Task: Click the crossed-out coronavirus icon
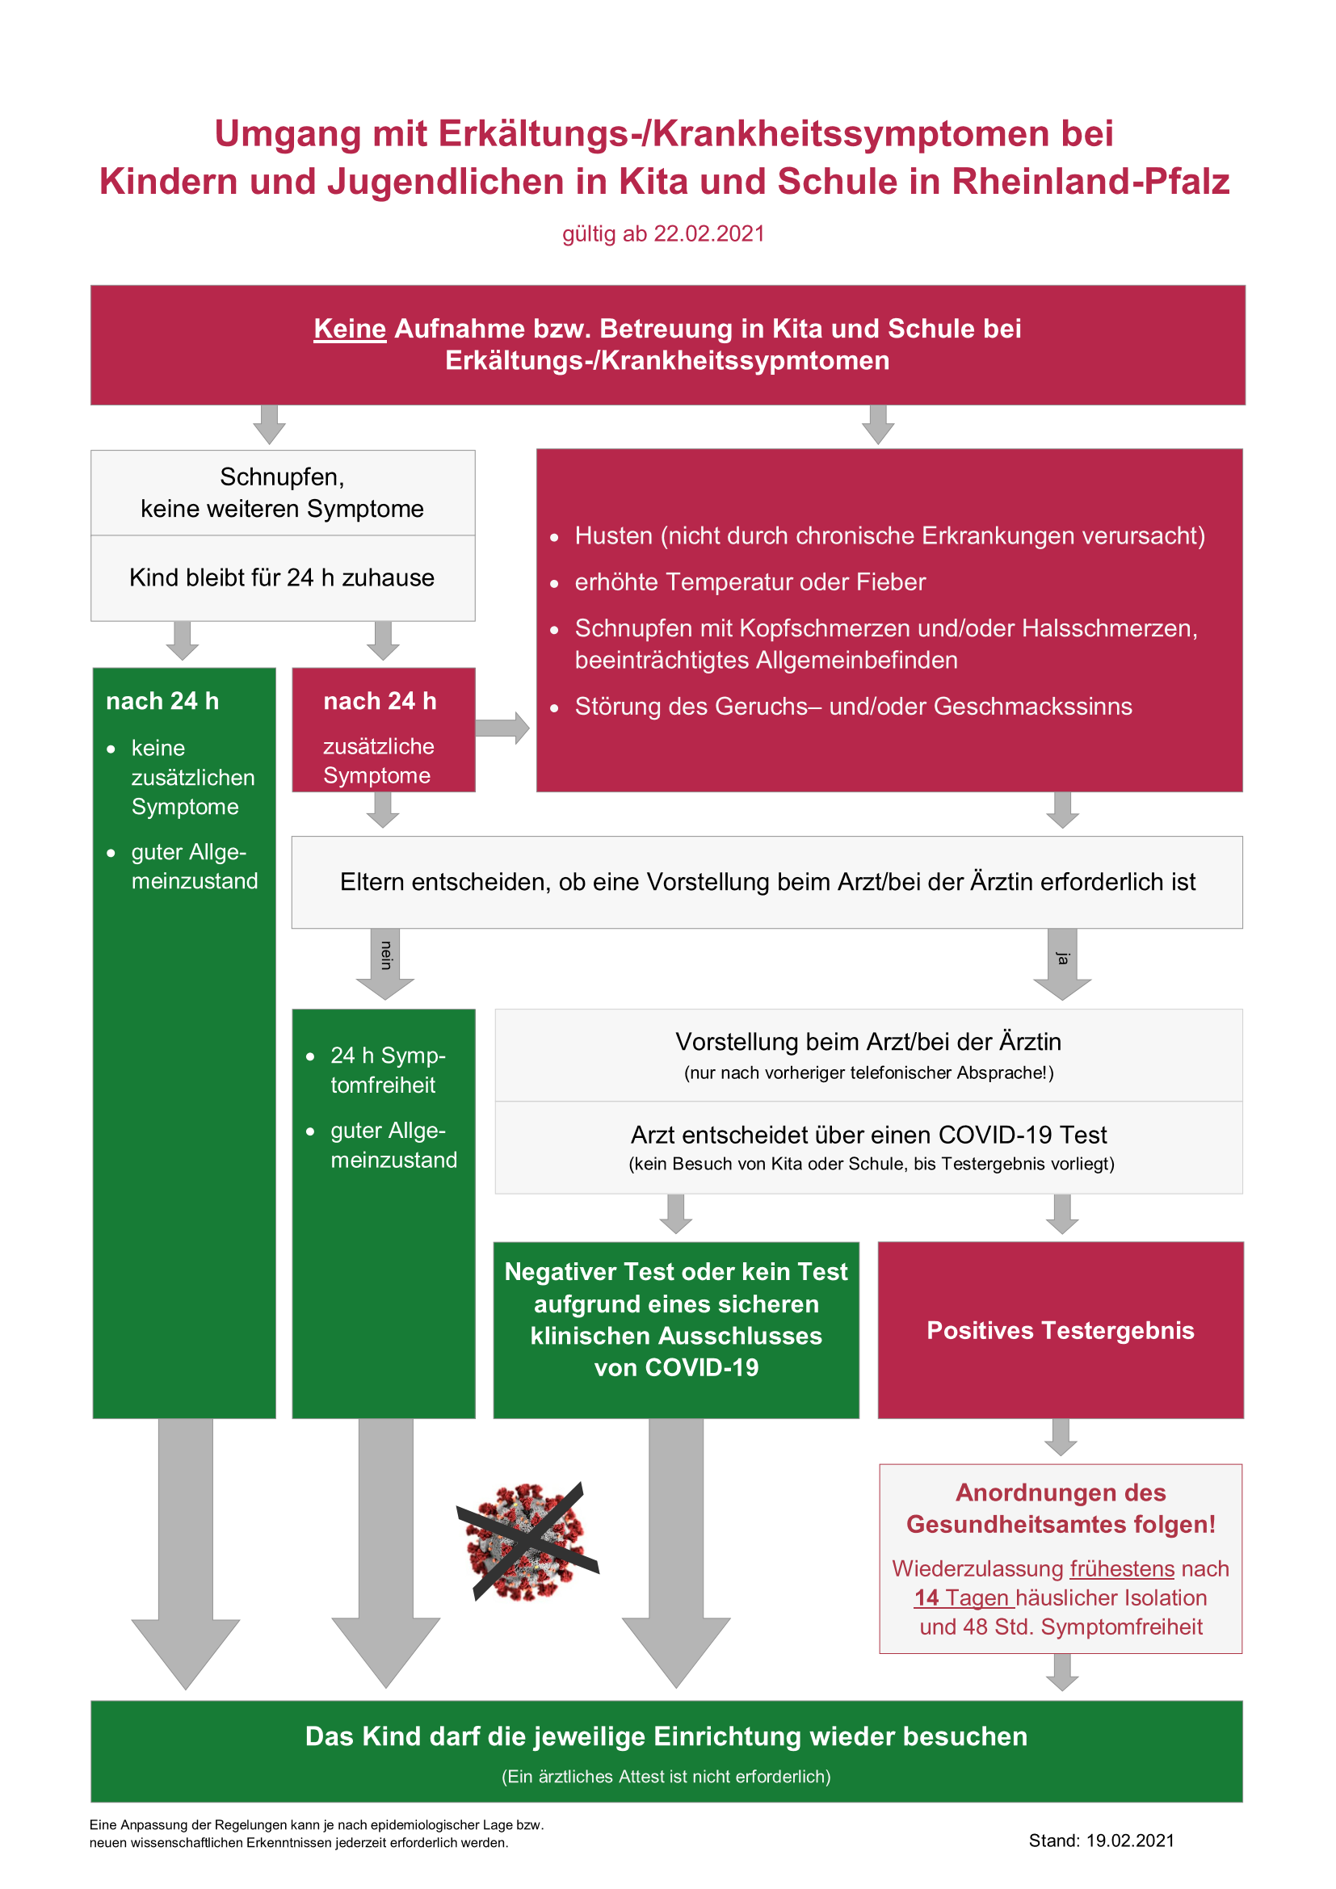tap(528, 1541)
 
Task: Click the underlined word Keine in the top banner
tap(350, 328)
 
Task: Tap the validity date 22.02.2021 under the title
tap(709, 233)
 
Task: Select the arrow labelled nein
tap(385, 964)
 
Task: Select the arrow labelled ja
tap(1062, 964)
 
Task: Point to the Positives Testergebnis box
tap(1061, 1330)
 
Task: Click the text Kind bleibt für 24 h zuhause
tap(282, 577)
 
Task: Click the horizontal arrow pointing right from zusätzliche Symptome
tap(502, 728)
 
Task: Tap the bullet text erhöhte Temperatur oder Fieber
tap(750, 582)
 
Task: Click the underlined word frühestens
tap(1122, 1569)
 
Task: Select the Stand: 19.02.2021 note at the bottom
tap(1102, 1841)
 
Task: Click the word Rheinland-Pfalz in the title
tap(1090, 182)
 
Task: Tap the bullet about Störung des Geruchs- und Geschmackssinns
tap(853, 707)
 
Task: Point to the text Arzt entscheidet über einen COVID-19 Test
tap(869, 1135)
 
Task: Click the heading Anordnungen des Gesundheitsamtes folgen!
tap(1061, 1508)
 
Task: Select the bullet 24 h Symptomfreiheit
tap(388, 1070)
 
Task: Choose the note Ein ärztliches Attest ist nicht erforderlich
tap(666, 1776)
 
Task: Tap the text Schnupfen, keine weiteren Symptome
tap(282, 493)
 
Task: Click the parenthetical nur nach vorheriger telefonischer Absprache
tap(869, 1073)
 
